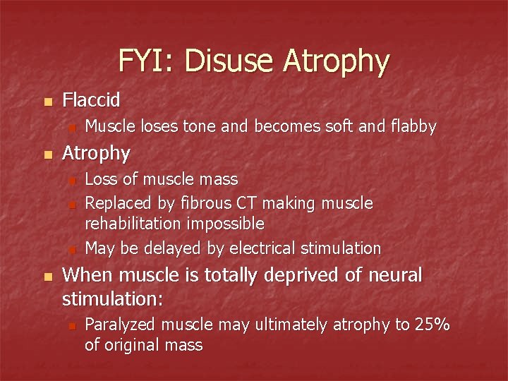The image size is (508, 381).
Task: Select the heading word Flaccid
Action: coord(91,100)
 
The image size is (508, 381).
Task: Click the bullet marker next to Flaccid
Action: coord(47,102)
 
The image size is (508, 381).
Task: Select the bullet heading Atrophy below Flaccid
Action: coord(96,153)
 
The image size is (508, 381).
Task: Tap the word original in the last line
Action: coord(133,345)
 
